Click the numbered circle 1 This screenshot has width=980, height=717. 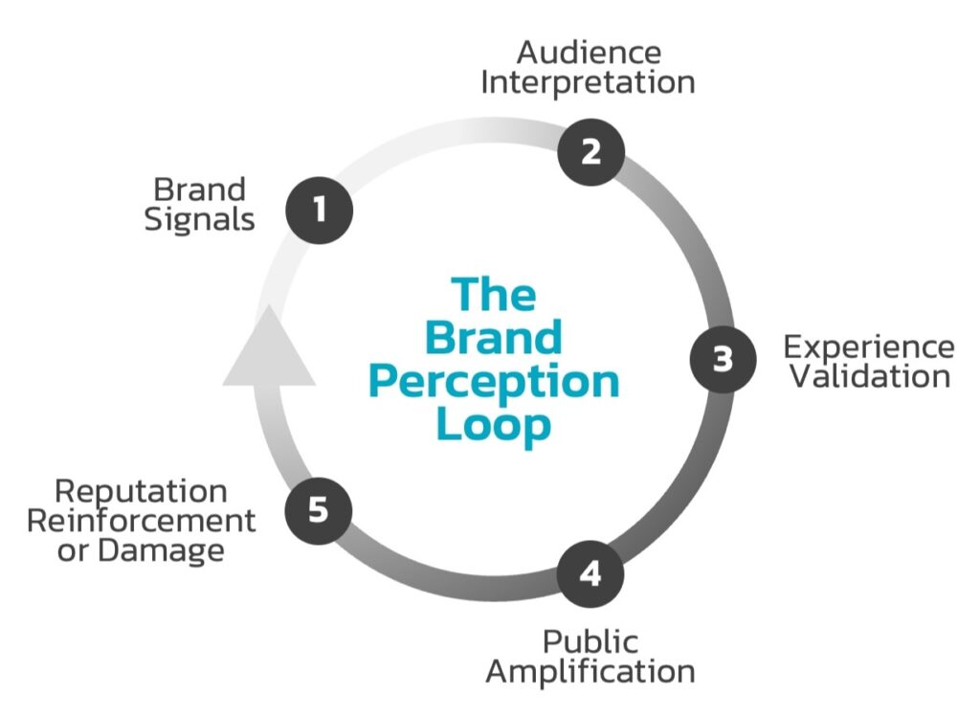320,208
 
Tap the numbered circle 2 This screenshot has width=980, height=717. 591,152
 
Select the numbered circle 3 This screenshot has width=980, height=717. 723,359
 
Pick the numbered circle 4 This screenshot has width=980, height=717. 590,573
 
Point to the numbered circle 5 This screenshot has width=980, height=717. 319,509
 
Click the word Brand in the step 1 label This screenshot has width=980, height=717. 199,189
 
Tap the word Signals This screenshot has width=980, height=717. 199,219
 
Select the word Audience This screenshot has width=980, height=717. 589,51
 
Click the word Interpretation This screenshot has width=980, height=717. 588,82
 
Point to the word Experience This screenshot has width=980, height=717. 868,346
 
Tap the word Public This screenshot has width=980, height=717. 590,640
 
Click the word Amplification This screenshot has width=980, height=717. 590,671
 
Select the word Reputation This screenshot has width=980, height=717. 141,491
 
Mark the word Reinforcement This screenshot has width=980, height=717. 141,521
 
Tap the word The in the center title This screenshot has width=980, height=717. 494,294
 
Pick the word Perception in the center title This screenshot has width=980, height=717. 494,381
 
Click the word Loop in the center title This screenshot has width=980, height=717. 494,424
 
